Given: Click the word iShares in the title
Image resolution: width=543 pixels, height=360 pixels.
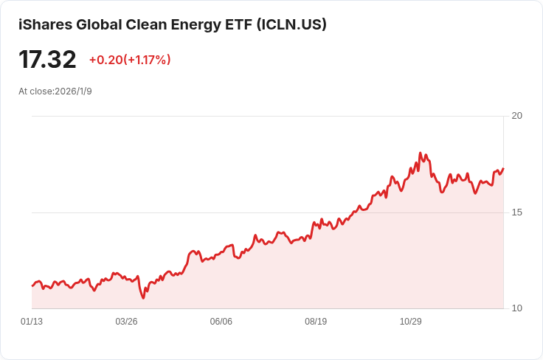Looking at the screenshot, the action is tap(45, 24).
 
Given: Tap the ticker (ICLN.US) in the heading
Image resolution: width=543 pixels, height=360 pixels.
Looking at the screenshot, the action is tap(291, 24).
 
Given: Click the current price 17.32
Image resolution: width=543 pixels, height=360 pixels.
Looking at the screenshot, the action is tap(47, 60).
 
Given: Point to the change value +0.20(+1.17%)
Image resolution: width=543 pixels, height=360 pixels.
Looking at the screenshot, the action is tap(130, 60).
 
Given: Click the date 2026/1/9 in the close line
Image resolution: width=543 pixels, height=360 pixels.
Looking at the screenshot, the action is tap(74, 91).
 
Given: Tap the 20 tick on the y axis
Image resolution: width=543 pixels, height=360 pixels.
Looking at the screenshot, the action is tap(516, 116).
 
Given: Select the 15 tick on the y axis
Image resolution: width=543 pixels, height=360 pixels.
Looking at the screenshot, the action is tap(516, 212).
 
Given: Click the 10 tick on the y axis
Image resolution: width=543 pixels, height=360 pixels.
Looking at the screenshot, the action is tap(516, 308).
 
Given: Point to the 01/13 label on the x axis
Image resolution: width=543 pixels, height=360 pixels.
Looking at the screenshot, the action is tap(32, 322).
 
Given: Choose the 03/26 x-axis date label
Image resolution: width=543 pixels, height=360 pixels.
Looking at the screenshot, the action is tap(126, 322).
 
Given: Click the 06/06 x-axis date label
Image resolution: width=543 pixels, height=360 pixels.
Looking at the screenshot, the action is tap(221, 322).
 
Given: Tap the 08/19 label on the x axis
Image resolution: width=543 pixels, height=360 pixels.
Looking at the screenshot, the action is tap(316, 322).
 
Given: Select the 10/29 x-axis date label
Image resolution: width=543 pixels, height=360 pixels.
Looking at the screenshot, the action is tap(411, 322).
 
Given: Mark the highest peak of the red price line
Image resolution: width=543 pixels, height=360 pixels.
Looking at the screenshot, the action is tap(420, 153).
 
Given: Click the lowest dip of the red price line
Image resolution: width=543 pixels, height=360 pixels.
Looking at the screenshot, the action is tap(143, 298).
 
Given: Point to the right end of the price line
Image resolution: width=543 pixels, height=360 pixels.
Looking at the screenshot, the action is tap(503, 169).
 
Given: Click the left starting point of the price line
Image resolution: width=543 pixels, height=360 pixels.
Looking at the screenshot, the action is tap(32, 286).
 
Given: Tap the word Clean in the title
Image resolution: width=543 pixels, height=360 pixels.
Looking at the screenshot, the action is tap(147, 24).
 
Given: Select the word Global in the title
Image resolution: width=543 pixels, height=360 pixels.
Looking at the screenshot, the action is tap(99, 24).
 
